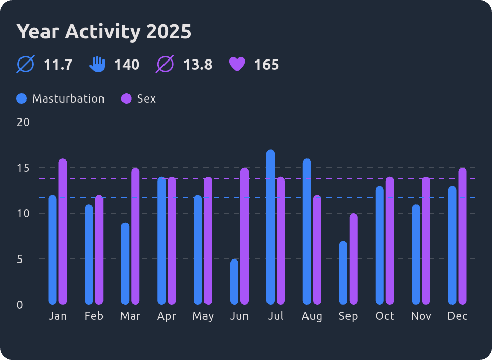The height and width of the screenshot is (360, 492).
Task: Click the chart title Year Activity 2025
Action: pyautogui.click(x=104, y=32)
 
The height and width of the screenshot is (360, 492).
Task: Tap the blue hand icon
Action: pyautogui.click(x=97, y=65)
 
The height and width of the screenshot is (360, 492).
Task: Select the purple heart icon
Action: pyautogui.click(x=237, y=65)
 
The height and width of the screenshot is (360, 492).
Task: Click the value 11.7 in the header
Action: pyautogui.click(x=58, y=65)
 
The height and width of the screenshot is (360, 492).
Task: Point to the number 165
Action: pyautogui.click(x=266, y=65)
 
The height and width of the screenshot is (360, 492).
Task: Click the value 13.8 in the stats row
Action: pyautogui.click(x=198, y=65)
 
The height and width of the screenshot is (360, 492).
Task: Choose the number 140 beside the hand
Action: pyautogui.click(x=127, y=65)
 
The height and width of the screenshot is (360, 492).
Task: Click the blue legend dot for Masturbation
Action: pyautogui.click(x=22, y=98)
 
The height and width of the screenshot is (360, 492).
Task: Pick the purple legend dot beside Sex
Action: pyautogui.click(x=126, y=98)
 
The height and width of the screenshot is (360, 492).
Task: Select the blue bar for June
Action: pyautogui.click(x=234, y=282)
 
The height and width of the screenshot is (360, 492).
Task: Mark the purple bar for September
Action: pyautogui.click(x=354, y=259)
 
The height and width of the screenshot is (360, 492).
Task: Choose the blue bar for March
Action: pyautogui.click(x=125, y=264)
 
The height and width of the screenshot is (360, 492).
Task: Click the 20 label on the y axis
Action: pyautogui.click(x=23, y=122)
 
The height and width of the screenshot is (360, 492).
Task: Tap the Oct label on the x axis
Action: pyautogui.click(x=385, y=316)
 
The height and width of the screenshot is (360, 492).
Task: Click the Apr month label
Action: pyautogui.click(x=167, y=316)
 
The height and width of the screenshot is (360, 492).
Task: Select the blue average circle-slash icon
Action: pyautogui.click(x=26, y=65)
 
